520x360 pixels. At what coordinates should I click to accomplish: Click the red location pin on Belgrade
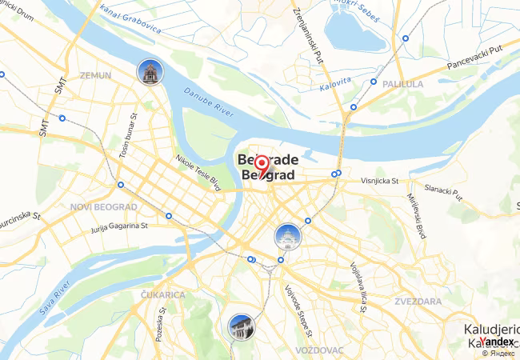tap(262, 166)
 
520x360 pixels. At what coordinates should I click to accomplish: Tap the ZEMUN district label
tap(97, 74)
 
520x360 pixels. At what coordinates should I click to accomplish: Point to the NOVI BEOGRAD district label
tap(105, 206)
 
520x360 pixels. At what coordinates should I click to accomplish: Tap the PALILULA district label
tap(404, 83)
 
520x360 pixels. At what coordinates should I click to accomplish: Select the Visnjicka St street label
tap(378, 182)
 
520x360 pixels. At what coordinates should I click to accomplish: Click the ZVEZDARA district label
tap(417, 302)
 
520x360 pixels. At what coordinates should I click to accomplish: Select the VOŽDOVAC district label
tap(318, 350)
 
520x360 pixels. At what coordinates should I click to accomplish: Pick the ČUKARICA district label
tap(162, 295)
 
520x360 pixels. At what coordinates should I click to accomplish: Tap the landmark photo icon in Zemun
tap(148, 73)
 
